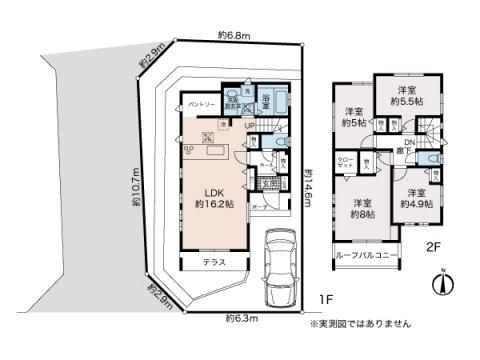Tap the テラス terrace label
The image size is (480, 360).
[213, 262]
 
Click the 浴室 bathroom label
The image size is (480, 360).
[268, 99]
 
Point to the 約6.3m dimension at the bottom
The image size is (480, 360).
[241, 318]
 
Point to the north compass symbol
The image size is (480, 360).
[441, 284]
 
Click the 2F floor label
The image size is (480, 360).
[435, 245]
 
